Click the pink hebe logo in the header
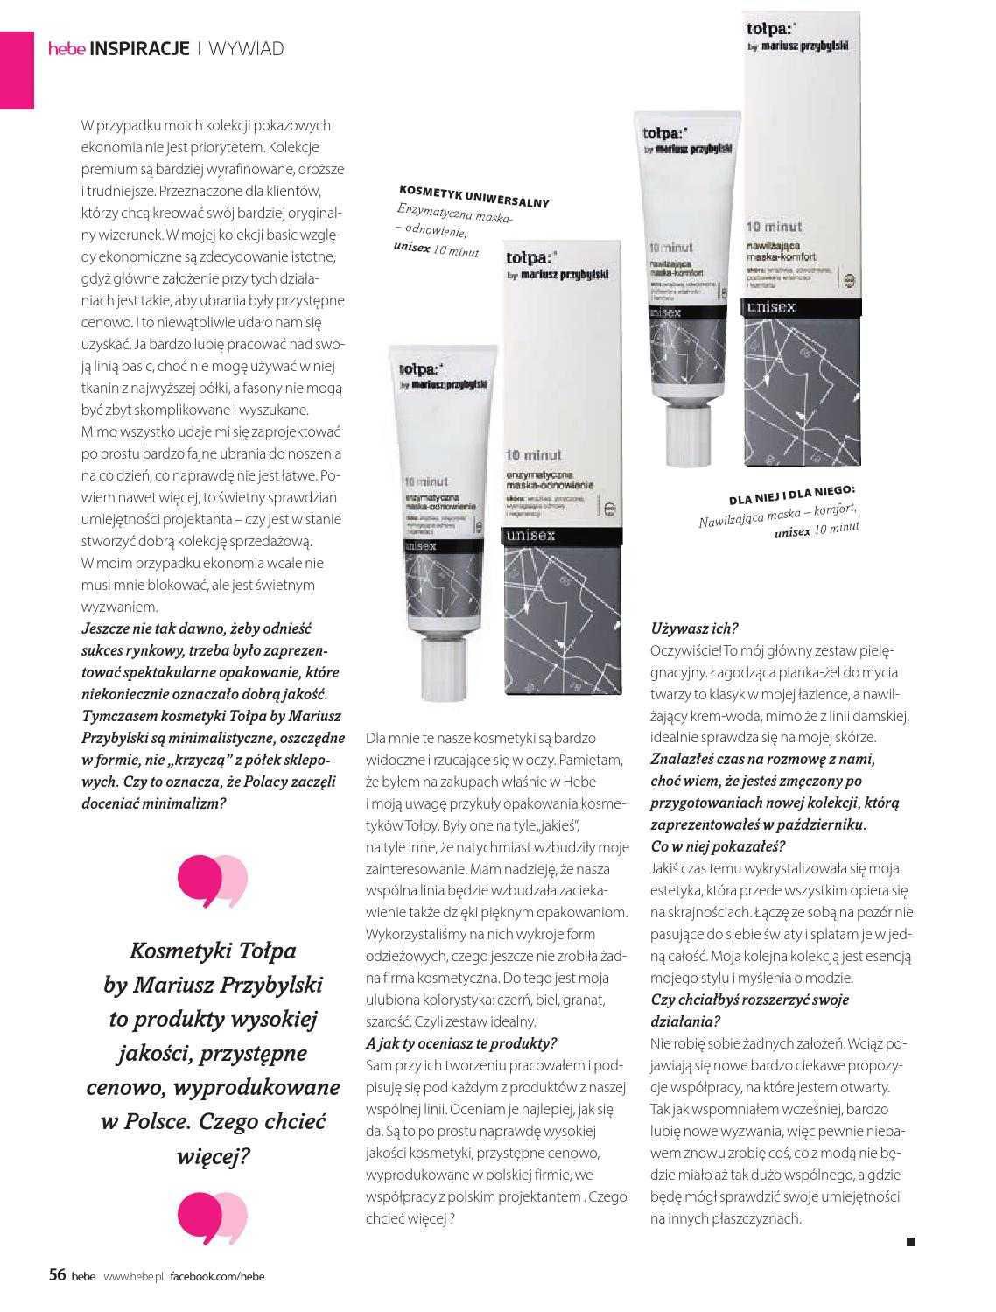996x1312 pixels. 67,49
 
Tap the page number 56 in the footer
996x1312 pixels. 57,1274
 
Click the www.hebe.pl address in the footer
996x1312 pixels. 134,1276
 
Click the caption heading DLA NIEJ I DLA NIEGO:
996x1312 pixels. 792,495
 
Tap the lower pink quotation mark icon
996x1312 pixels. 213,1217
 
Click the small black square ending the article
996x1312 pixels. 910,1241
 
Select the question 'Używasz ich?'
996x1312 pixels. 695,628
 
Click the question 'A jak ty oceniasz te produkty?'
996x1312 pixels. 461,1043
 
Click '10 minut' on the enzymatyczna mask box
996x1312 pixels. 534,455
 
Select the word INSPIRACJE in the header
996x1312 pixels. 140,49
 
